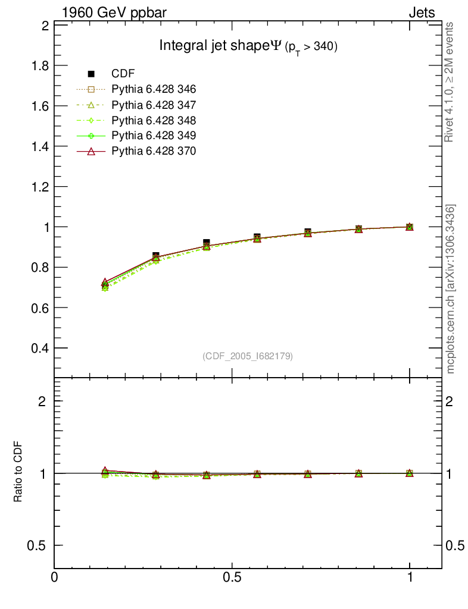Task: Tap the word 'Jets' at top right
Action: click(421, 12)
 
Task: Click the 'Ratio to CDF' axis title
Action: click(18, 473)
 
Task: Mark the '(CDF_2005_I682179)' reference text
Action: click(248, 356)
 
